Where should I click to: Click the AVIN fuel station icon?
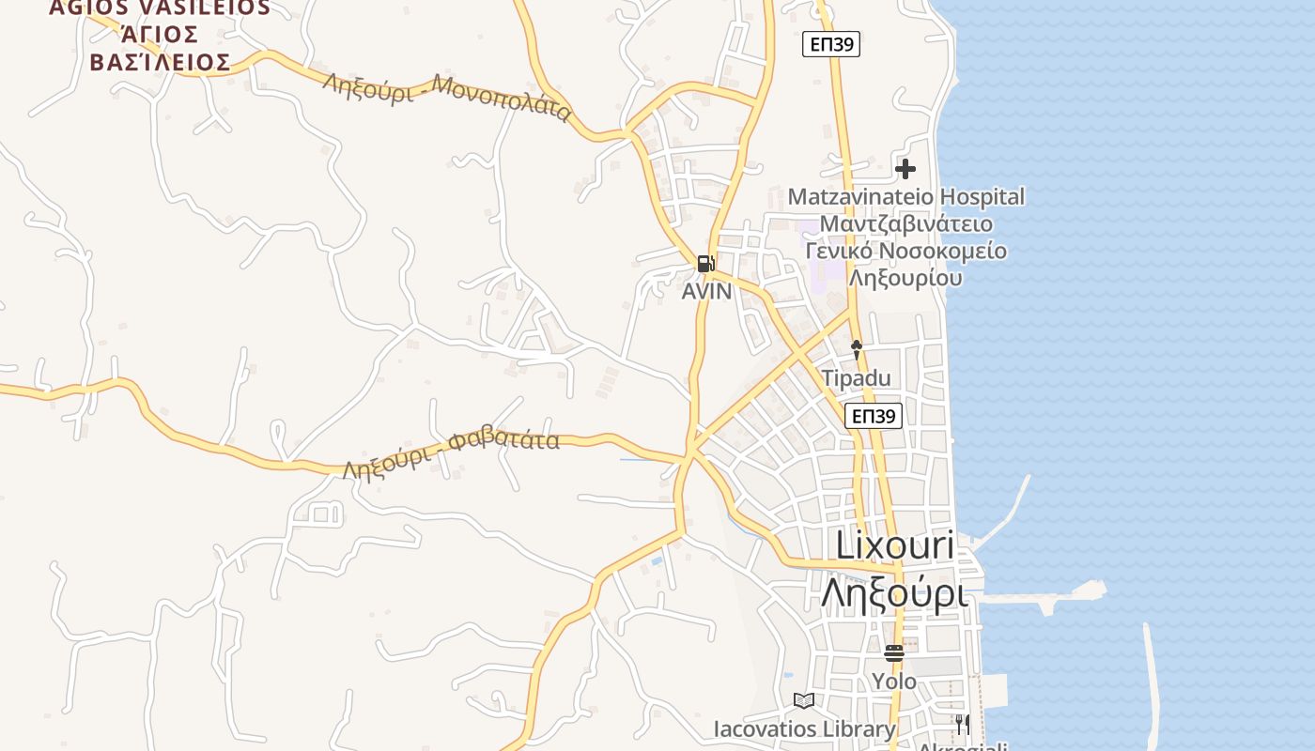point(705,264)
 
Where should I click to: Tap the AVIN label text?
point(706,291)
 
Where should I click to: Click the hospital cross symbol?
point(905,169)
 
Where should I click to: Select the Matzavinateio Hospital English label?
point(905,197)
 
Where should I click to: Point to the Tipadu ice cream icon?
point(856,350)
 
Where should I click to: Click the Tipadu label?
point(856,378)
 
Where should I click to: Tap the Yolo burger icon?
point(893,651)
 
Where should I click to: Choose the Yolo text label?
point(893,681)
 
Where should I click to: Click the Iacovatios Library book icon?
point(803,700)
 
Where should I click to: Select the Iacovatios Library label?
point(804,728)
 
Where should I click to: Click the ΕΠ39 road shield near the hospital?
point(831,44)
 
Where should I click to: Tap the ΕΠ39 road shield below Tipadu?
point(874,416)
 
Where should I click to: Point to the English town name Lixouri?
point(894,546)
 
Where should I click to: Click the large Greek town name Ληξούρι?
point(893,593)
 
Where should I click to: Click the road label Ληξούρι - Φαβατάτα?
point(451,452)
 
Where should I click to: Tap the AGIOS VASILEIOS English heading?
point(160,8)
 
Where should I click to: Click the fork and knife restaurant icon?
point(962,724)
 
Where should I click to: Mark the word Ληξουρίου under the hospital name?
point(905,278)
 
